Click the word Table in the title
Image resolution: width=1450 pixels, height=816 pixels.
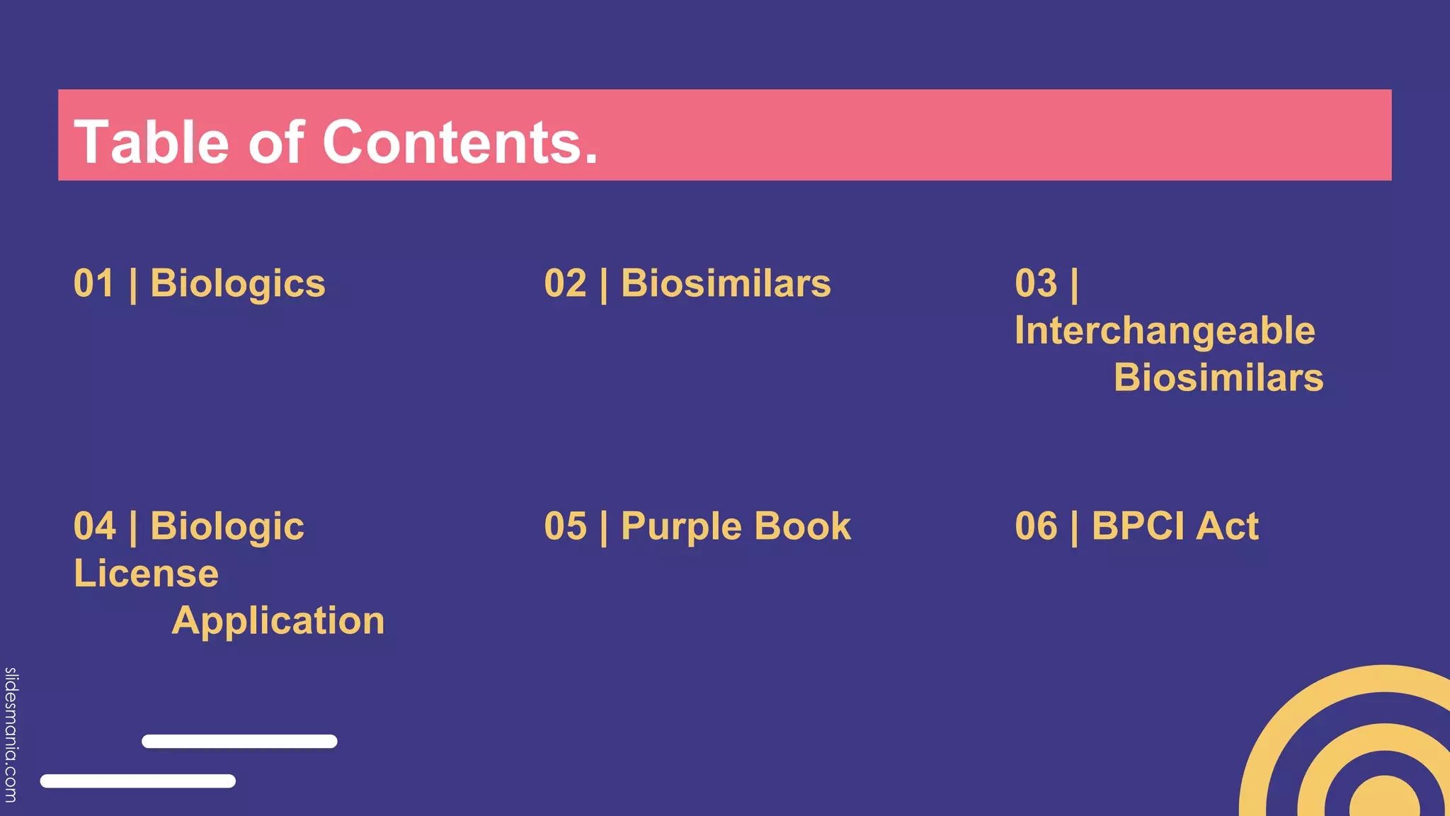[151, 142]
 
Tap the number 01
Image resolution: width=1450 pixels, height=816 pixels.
[94, 283]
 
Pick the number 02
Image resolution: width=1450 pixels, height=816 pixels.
[565, 283]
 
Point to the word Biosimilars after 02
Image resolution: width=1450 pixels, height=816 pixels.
[726, 283]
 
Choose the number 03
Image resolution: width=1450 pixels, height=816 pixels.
[1036, 283]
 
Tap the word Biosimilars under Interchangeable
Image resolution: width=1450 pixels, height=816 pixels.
[1218, 378]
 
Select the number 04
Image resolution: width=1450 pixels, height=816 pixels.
[94, 526]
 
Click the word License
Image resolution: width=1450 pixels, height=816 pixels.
[147, 573]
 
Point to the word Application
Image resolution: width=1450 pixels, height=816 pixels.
[278, 621]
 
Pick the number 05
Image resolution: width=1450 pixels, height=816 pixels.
[565, 526]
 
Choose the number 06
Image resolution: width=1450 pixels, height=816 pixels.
[1036, 526]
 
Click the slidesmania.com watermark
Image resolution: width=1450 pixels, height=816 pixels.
[11, 735]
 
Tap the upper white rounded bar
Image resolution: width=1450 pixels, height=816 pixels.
[239, 742]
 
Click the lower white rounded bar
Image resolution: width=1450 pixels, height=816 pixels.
[138, 781]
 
